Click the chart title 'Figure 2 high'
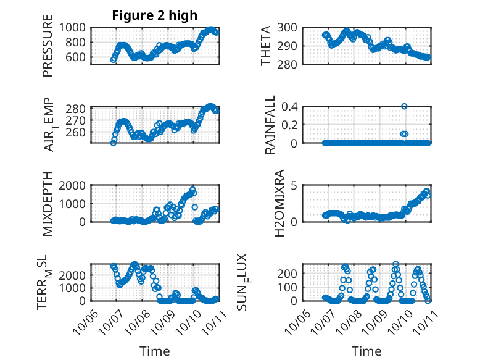155,15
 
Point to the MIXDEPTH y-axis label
48,204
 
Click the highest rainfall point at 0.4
404,106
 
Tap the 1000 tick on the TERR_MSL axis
75,288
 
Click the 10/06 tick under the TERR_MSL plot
84,320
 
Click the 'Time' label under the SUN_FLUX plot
366,351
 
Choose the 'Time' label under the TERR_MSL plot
154,351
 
